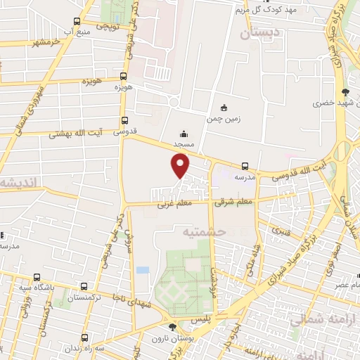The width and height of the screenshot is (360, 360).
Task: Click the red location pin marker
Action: (181, 165)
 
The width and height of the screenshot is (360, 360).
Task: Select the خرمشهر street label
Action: (41, 42)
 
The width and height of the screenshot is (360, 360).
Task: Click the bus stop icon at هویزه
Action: (124, 77)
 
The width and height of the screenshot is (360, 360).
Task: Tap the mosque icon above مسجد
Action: (184, 134)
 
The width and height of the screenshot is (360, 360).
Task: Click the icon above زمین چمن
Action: (224, 108)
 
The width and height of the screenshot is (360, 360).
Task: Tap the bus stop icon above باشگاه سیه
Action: (84, 286)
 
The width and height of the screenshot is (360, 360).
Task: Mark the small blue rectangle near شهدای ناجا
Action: (143, 270)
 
